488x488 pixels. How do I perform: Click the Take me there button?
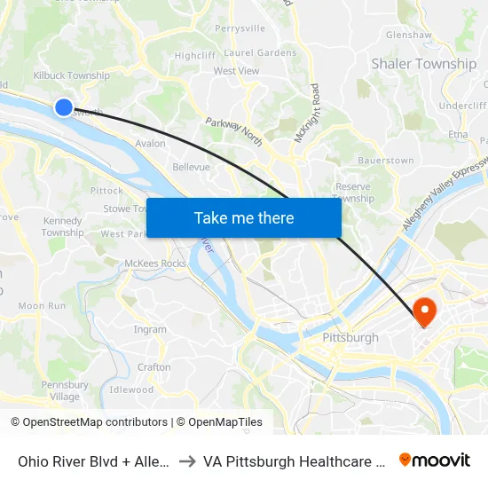(x=243, y=217)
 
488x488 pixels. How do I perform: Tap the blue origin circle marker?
(x=64, y=106)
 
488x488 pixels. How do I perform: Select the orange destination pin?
(x=425, y=311)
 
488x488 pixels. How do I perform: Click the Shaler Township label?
(x=423, y=64)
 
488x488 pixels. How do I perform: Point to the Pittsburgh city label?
(x=350, y=337)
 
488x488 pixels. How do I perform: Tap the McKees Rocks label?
(x=155, y=264)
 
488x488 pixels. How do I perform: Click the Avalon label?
(x=150, y=143)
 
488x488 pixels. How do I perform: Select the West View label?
(x=236, y=71)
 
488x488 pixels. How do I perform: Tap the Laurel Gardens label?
(x=260, y=52)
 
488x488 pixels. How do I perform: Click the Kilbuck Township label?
(x=71, y=75)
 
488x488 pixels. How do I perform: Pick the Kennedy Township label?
(x=63, y=226)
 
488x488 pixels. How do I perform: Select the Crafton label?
(x=154, y=367)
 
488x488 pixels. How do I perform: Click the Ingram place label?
(x=150, y=329)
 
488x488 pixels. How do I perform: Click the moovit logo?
(x=435, y=460)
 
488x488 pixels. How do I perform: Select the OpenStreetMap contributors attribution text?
(x=95, y=422)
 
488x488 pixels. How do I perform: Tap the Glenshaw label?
(x=408, y=35)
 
